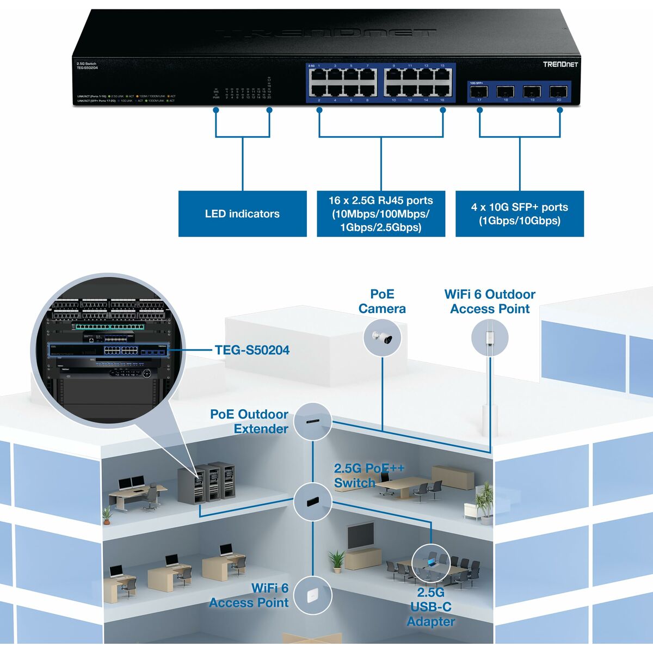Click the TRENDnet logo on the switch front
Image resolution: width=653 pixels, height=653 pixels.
coord(560,64)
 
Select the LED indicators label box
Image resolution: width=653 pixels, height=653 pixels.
coord(242,214)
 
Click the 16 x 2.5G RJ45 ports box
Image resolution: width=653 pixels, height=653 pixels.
coord(381,214)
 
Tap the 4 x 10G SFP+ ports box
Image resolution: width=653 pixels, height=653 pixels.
coord(519,214)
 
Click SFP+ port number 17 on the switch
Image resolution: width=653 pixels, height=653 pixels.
coord(479,91)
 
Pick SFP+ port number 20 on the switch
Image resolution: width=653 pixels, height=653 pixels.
coord(558,91)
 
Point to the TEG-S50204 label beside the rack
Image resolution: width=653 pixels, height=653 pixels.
coord(252,350)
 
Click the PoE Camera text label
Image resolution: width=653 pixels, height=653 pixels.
coord(382,301)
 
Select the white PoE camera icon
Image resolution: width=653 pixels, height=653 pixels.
coord(382,337)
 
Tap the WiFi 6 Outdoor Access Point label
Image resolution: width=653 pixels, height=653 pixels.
coord(490,301)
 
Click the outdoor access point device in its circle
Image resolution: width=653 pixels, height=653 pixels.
coord(490,337)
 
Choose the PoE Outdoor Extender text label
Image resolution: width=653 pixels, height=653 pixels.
coord(249,422)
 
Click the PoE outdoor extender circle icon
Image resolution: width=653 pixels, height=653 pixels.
coord(313,422)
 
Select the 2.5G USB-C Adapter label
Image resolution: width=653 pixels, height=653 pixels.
coord(430,607)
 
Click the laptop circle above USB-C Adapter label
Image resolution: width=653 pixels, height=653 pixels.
coord(431,563)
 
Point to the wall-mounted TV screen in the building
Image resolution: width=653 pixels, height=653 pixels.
coord(361,536)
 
